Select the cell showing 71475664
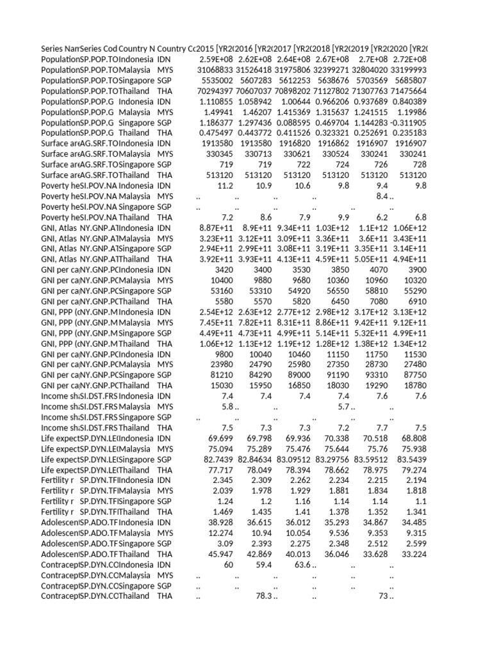(409, 91)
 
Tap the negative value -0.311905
(409, 122)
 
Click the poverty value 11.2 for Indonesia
(225, 185)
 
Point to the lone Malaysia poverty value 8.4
(381, 195)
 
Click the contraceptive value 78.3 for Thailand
(264, 596)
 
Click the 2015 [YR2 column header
(215, 49)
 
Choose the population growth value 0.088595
(293, 122)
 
